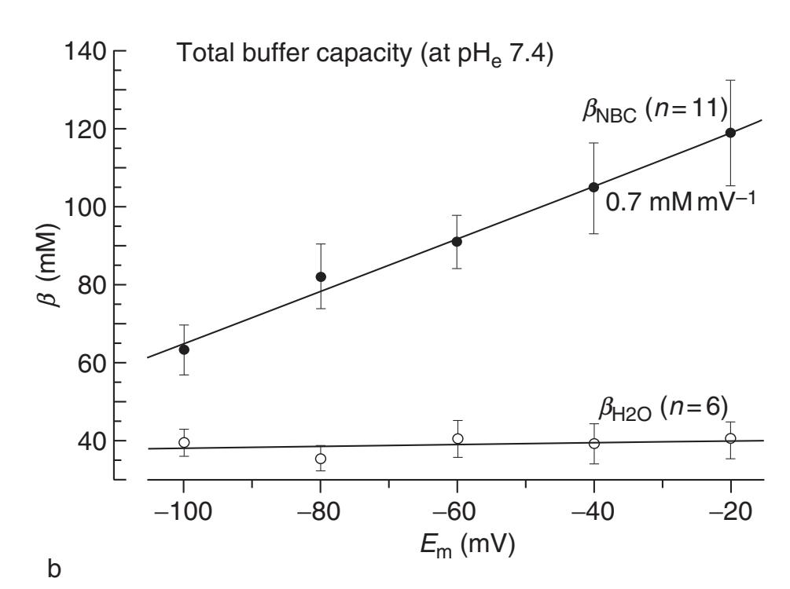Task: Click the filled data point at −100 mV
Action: coord(184,349)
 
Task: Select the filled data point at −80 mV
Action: coord(321,276)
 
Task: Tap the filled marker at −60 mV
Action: coord(457,241)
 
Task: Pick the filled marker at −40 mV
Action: coord(594,187)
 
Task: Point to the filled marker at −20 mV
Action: coord(730,133)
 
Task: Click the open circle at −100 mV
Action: coord(184,442)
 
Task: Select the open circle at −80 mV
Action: coord(321,459)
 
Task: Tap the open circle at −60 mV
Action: coord(457,438)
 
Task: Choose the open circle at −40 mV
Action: coord(594,443)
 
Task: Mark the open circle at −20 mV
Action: coord(730,438)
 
